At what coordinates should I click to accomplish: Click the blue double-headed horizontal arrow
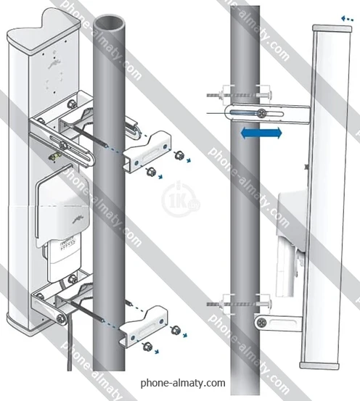point(261,133)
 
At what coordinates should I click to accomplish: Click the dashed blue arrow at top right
point(347,19)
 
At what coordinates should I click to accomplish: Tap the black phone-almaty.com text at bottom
point(183,384)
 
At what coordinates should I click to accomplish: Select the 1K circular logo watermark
point(180,199)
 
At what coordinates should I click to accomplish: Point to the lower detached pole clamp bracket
point(144,326)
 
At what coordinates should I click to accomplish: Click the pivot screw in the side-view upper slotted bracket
point(262,112)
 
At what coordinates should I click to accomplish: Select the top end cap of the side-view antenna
point(332,28)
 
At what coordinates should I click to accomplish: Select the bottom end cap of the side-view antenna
point(320,365)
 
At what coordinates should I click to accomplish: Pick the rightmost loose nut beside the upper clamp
point(177,155)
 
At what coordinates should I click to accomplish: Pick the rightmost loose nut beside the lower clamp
point(176,330)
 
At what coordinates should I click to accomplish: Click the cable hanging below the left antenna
point(70,343)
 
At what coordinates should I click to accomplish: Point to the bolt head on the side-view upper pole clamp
point(267,95)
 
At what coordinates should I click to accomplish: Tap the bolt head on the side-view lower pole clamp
point(267,304)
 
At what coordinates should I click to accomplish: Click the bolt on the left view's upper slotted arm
point(62,145)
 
